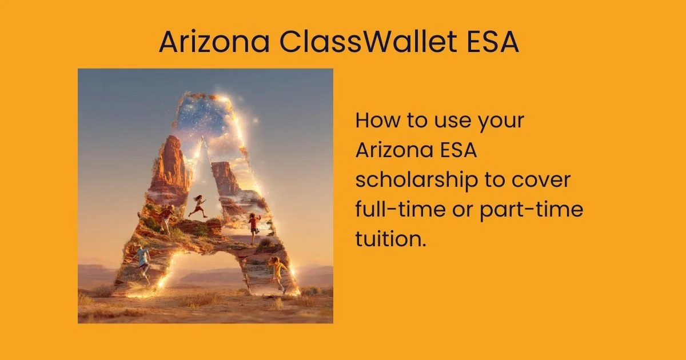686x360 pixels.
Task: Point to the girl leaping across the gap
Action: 198,206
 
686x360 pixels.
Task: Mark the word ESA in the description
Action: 458,151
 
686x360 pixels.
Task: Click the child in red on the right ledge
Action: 254,224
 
